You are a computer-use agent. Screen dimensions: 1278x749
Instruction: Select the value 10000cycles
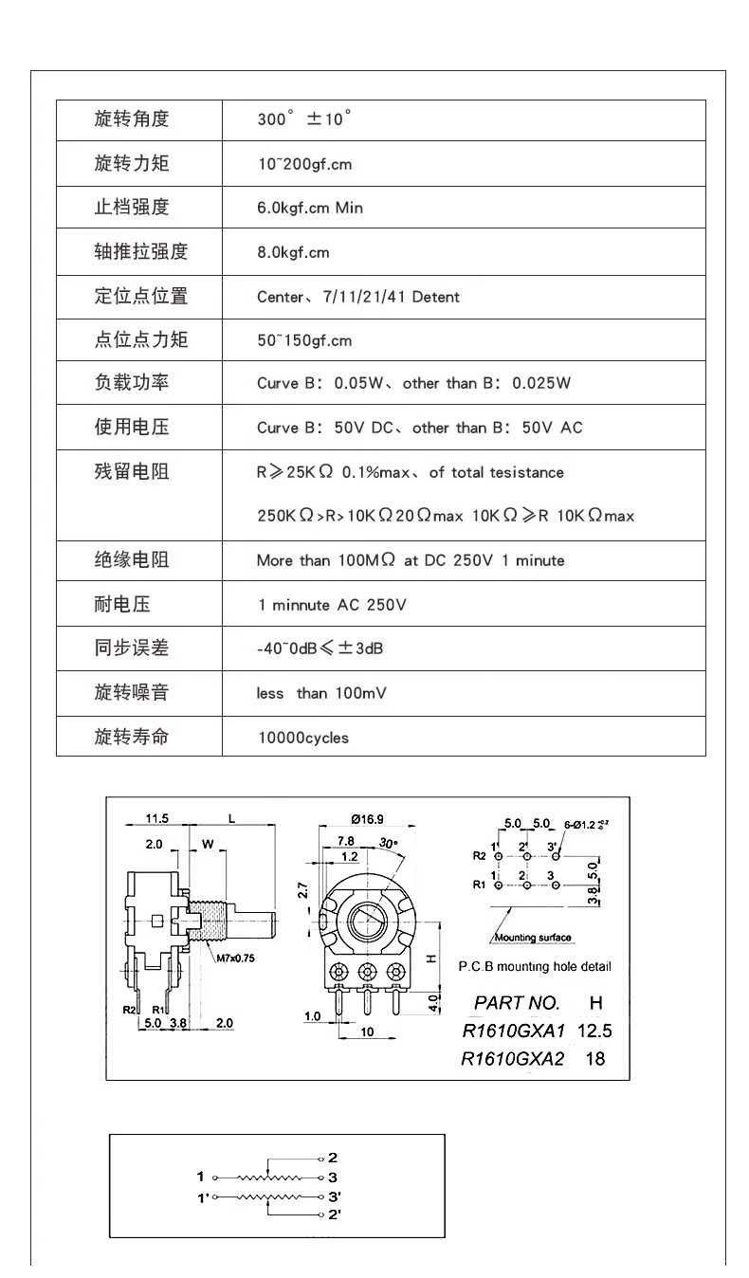[303, 738]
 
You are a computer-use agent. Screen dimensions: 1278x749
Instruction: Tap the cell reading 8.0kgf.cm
[293, 252]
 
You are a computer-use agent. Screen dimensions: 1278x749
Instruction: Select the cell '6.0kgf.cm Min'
[309, 208]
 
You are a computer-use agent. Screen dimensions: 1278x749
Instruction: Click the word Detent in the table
[435, 297]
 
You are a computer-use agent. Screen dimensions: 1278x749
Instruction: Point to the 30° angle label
[389, 843]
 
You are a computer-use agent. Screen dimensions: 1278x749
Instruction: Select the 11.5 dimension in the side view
[156, 818]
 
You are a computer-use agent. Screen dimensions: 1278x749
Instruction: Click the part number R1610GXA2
[512, 1059]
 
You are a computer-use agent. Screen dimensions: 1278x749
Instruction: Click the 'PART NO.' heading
[517, 1003]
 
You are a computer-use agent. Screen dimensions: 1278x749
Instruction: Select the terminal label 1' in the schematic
[202, 1198]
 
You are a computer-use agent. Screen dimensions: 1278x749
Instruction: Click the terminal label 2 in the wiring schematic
[333, 1158]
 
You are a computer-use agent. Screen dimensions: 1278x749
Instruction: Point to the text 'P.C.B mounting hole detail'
[535, 967]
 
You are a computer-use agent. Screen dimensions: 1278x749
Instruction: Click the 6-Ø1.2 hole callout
[585, 824]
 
